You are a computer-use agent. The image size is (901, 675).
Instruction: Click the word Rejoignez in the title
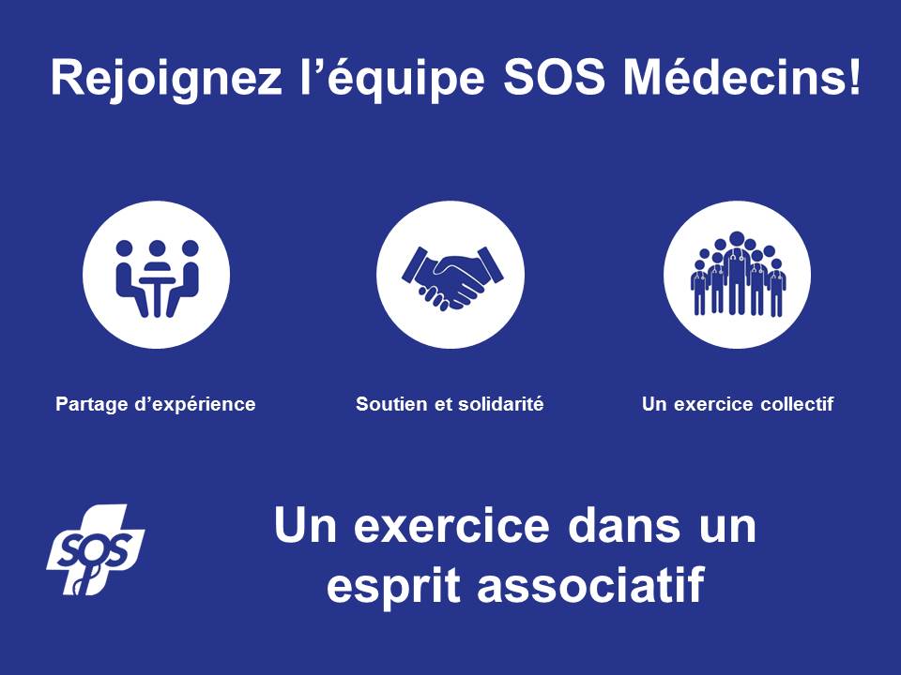coord(166,79)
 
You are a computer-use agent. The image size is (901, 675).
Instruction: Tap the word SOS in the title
coord(555,77)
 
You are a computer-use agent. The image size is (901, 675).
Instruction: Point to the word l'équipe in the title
coord(393,79)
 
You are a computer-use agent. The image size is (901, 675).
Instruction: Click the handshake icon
coord(450,275)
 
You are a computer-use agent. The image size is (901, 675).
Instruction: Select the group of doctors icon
coord(738,275)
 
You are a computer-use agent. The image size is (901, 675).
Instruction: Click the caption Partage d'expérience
coord(156,405)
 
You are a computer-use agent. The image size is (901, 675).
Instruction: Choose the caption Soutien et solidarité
coord(450,403)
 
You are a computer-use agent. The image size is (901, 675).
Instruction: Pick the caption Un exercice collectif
coord(738,404)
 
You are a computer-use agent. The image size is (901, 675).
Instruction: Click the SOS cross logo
coord(96,549)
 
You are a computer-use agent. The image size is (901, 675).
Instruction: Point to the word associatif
coord(591,584)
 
